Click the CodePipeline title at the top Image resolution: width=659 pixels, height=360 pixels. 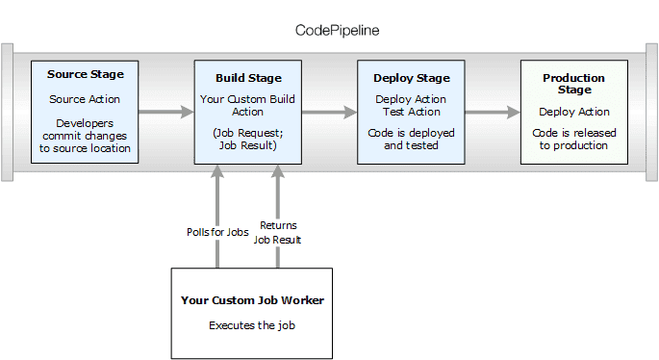click(337, 30)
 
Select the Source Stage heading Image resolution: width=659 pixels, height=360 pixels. click(86, 74)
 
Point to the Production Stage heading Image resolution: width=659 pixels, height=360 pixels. click(573, 83)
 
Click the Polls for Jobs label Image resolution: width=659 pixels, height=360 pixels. click(217, 232)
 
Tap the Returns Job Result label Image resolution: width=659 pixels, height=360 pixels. click(280, 232)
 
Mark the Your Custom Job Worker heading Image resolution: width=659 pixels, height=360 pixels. click(252, 300)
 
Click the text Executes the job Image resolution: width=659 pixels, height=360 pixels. click(252, 325)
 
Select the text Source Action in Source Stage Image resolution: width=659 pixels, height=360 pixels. click(86, 99)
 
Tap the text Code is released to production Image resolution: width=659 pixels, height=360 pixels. click(573, 138)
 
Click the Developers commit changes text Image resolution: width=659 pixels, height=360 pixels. click(86, 136)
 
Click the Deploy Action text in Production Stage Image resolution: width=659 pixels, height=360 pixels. click(573, 111)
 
